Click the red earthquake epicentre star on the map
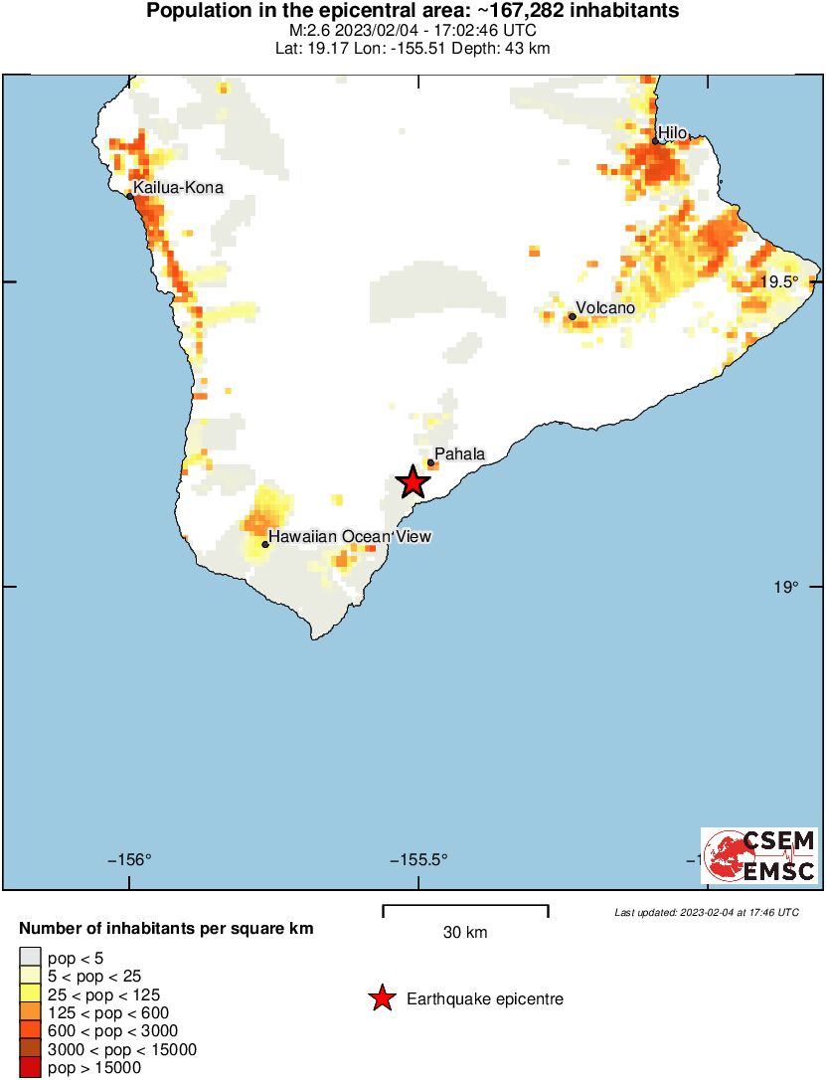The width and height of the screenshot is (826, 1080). (413, 482)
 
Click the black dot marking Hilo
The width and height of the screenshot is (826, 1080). (656, 141)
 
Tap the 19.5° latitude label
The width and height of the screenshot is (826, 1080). (779, 281)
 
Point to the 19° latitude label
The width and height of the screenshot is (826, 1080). (785, 587)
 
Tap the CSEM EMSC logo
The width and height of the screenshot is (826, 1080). (759, 855)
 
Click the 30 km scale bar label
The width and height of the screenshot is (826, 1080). (465, 933)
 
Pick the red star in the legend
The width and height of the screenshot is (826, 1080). (382, 999)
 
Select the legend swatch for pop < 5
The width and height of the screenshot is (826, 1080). (30, 958)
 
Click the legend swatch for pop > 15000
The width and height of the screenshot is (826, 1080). (30, 1068)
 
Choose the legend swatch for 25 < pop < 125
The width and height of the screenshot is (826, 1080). (30, 994)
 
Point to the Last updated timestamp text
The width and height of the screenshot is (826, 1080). (706, 912)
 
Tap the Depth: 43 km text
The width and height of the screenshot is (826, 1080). (506, 48)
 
